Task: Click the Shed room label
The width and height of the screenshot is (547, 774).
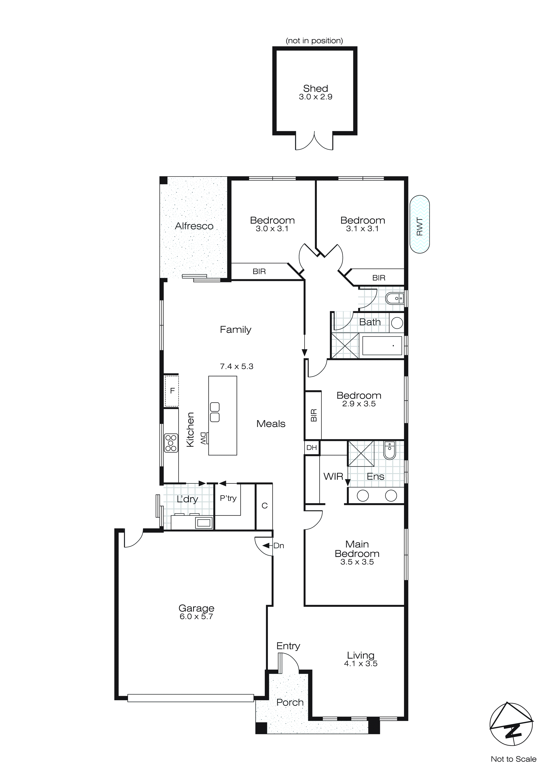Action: [x=315, y=88]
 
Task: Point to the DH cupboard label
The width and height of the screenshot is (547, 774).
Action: [x=312, y=448]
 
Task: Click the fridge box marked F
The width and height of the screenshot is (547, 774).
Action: [x=172, y=391]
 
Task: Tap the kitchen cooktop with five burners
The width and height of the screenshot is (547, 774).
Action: [x=171, y=443]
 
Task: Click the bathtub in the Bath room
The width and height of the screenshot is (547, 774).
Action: [x=382, y=345]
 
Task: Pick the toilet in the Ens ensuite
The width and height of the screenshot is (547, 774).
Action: [x=389, y=450]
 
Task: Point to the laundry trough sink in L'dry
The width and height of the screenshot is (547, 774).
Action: [x=204, y=523]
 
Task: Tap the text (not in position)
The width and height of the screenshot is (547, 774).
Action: [x=314, y=41]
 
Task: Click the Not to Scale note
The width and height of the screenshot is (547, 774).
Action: [x=513, y=759]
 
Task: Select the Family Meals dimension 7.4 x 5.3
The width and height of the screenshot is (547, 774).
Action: [x=237, y=366]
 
